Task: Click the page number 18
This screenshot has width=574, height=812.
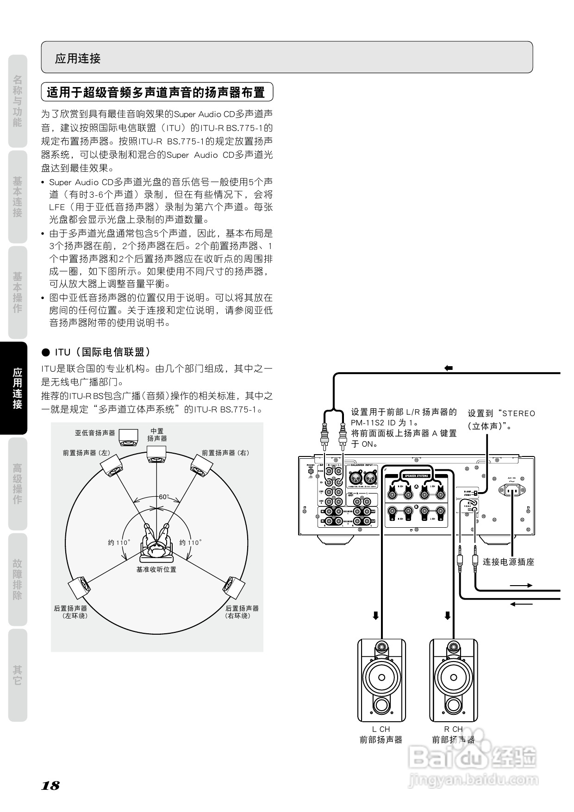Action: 50,785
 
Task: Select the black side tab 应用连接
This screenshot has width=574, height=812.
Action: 18,388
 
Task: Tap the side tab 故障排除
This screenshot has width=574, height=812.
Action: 18,579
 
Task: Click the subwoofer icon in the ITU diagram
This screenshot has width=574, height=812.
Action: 128,437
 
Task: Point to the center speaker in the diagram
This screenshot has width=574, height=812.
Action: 156,454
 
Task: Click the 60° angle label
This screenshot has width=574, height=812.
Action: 164,497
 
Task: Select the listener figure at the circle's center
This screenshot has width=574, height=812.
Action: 156,542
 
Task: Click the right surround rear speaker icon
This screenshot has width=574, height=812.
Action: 233,587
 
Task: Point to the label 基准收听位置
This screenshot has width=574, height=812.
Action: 156,569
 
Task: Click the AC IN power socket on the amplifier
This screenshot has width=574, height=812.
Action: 511,491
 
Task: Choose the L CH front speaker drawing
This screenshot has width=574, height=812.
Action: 381,681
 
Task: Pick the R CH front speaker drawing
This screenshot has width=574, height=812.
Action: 453,681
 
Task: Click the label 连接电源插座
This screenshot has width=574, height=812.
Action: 508,562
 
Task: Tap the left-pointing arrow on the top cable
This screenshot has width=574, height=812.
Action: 448,369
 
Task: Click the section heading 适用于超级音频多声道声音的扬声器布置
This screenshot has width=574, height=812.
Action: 156,92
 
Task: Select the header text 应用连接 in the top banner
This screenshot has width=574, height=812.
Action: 78,58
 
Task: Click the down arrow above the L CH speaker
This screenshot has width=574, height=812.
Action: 376,616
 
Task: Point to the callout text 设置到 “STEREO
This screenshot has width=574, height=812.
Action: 501,413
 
